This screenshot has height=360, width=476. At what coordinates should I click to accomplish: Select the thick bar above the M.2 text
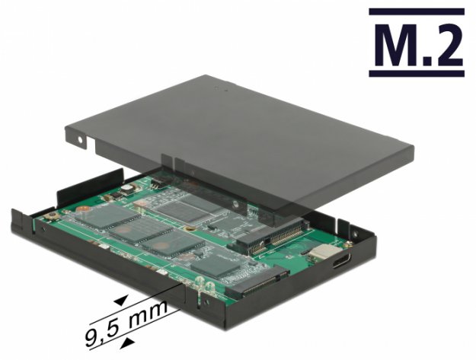click(416, 11)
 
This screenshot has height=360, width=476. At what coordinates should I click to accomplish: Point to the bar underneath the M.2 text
click(416, 73)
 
